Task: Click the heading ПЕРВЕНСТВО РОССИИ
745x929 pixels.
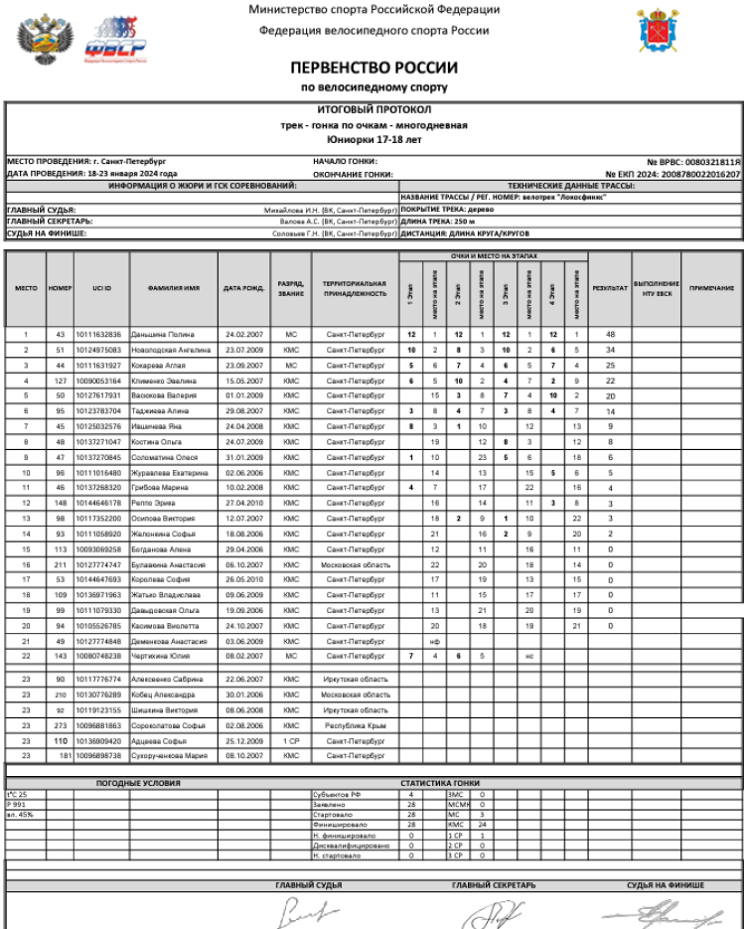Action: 373,69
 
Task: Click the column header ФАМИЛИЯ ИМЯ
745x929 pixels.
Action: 174,288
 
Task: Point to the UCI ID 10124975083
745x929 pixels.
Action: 97,350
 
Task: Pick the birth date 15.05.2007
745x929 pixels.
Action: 241,381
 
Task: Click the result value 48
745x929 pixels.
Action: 611,335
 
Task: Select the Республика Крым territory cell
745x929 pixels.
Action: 356,726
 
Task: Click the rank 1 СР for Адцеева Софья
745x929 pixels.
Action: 290,741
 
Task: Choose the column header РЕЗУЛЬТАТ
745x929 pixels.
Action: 610,288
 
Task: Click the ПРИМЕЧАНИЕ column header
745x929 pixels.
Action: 710,288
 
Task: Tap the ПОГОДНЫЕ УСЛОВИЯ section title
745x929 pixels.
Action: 138,783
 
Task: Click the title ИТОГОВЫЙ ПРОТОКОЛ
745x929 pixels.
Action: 373,109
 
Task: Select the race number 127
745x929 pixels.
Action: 60,381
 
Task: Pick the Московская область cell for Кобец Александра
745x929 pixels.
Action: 356,695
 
